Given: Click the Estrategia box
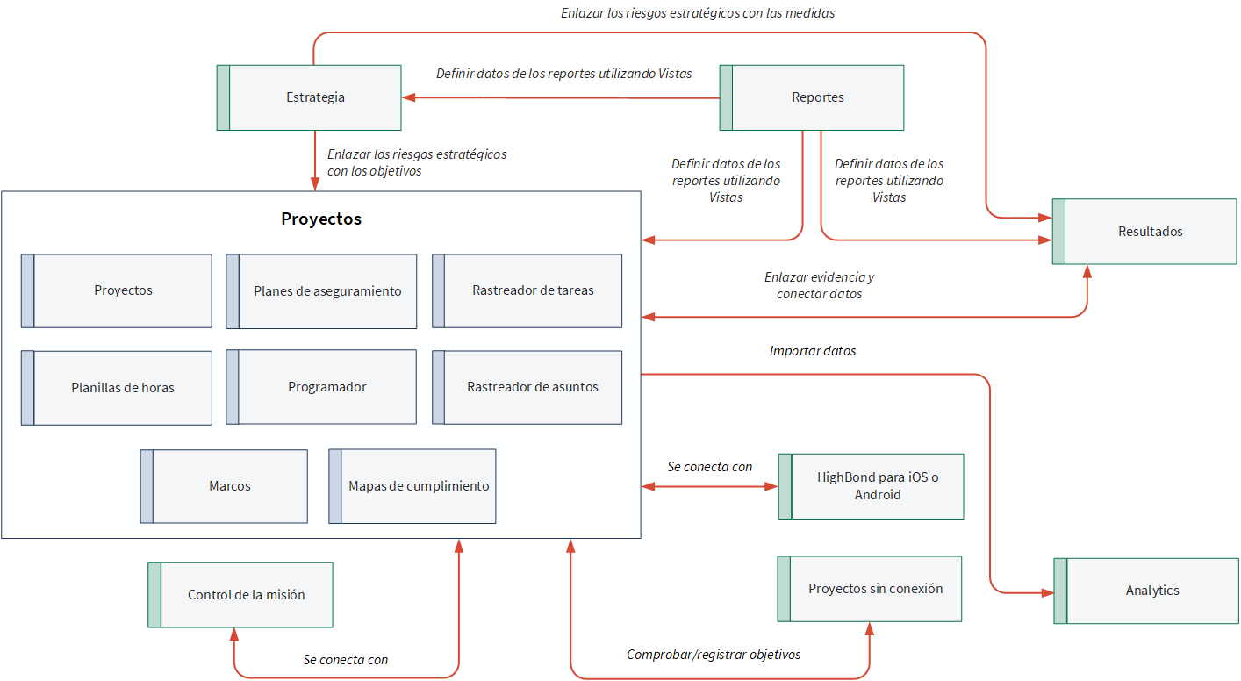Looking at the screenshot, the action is click(x=309, y=97).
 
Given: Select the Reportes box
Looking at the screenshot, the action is click(x=812, y=97).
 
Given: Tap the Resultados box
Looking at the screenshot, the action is click(x=1144, y=231).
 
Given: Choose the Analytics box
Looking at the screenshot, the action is click(x=1146, y=591).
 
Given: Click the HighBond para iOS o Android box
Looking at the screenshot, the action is click(x=871, y=486).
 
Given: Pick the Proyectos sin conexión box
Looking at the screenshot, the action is click(x=870, y=589).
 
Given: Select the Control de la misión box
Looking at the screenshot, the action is click(x=240, y=595).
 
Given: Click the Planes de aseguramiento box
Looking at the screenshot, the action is click(x=321, y=290).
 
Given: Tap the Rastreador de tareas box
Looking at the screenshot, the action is click(x=527, y=290).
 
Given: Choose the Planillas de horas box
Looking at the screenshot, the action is click(x=117, y=388).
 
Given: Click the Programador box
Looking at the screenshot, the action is click(x=321, y=387).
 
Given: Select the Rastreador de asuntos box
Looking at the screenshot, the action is click(x=527, y=387).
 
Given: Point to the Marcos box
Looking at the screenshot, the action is click(x=224, y=486).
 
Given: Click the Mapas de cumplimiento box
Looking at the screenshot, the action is click(x=412, y=486).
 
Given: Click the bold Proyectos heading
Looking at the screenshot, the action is click(x=321, y=219).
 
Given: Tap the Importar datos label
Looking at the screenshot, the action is click(x=813, y=351).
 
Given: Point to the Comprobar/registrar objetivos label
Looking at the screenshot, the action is click(x=714, y=655).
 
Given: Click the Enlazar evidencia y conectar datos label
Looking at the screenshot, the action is click(x=820, y=285).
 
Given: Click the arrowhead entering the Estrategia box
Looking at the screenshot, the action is click(x=409, y=97).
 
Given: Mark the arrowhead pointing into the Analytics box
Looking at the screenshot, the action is click(x=1047, y=593).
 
